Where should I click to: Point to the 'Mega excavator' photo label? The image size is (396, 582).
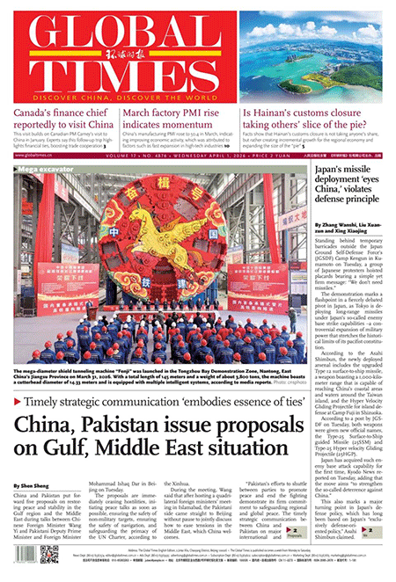coord(40,166)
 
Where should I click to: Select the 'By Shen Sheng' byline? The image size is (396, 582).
coord(30,485)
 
